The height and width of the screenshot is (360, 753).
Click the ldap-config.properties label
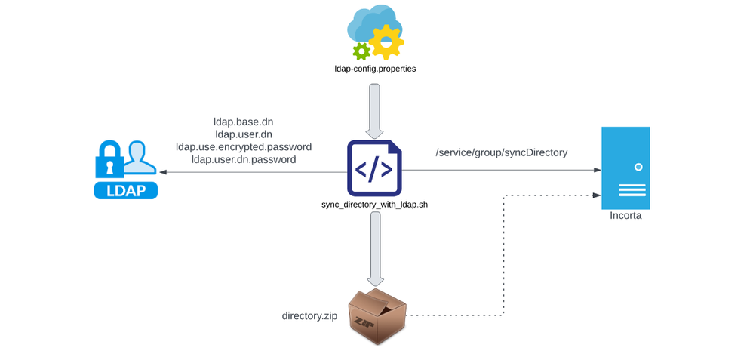coord(375,69)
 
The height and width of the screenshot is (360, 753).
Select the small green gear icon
coord(361,51)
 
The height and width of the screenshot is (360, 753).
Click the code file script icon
coord(374,168)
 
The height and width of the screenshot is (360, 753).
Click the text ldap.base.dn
coord(244,122)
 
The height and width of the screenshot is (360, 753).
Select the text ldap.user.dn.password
coord(244,159)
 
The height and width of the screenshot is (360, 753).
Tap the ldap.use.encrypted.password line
coord(244,146)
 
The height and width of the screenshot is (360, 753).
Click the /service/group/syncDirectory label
coord(502,152)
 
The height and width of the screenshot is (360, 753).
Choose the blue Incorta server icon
coord(625,168)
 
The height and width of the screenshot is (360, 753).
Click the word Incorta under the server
coord(625,217)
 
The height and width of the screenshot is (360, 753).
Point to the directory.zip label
coord(309,315)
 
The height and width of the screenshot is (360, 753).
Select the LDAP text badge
coord(126,189)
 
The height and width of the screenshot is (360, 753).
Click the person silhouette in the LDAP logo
coord(140,157)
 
